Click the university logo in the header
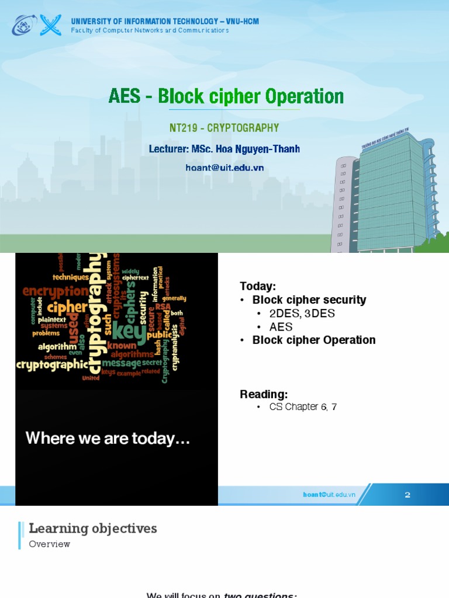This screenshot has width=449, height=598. pyautogui.click(x=37, y=25)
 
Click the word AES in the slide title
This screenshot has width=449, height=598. pyautogui.click(x=125, y=96)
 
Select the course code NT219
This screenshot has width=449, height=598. pyautogui.click(x=183, y=128)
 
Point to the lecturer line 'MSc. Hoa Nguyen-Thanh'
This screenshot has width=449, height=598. pyautogui.click(x=224, y=149)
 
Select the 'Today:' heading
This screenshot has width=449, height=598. pyautogui.click(x=257, y=286)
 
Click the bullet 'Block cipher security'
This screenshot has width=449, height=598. pyautogui.click(x=309, y=300)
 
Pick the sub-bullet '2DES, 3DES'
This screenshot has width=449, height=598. pyautogui.click(x=302, y=314)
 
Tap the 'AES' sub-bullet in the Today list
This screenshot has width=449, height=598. pyautogui.click(x=281, y=327)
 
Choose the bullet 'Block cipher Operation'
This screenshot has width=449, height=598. pyautogui.click(x=313, y=340)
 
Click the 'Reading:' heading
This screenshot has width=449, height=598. pyautogui.click(x=264, y=394)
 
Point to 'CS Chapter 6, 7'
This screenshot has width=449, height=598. pyautogui.click(x=303, y=407)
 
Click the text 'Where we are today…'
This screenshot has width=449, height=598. pyautogui.click(x=108, y=439)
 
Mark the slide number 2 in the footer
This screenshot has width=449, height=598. pyautogui.click(x=407, y=495)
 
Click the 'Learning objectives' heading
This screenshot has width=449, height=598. pyautogui.click(x=93, y=529)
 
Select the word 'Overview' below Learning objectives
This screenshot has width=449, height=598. pyautogui.click(x=50, y=544)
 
